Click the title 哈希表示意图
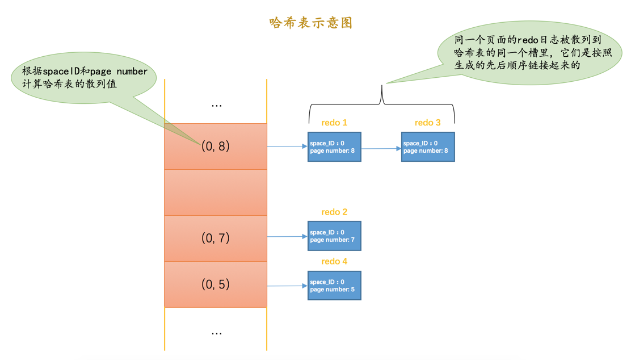click(311, 23)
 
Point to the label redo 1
click(334, 123)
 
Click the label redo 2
click(334, 212)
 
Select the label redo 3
click(427, 123)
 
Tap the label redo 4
click(334, 261)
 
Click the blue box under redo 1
click(334, 147)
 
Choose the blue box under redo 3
click(428, 147)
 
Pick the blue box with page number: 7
click(334, 236)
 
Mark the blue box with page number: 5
click(334, 286)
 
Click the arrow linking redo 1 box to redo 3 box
click(381, 149)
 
